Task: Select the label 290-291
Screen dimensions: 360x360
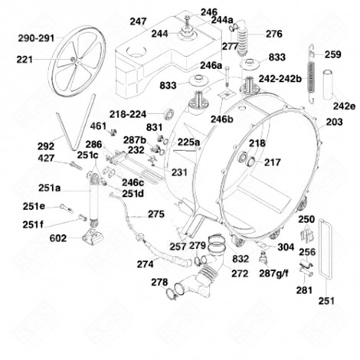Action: [37, 37]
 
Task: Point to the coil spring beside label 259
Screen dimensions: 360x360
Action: [312, 73]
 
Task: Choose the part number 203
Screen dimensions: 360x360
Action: [335, 123]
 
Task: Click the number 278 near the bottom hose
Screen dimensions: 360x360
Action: [159, 283]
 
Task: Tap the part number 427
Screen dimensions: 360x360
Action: [44, 158]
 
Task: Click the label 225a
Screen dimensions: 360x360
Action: [189, 142]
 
